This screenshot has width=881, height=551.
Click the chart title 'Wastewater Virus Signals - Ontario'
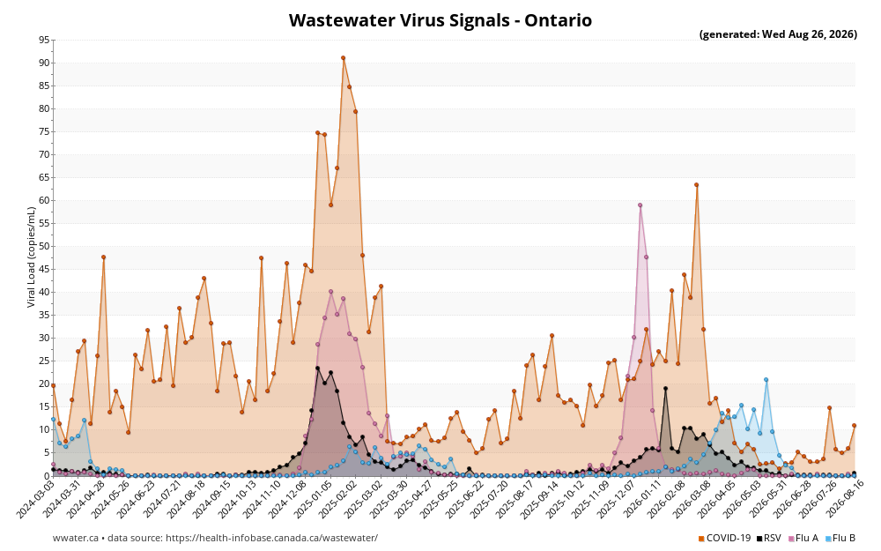pos(440,20)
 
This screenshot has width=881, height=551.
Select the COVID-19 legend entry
pos(724,538)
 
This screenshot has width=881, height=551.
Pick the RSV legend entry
pos(768,538)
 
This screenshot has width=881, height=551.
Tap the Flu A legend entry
pos(803,538)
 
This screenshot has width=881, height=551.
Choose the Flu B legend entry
pos(840,538)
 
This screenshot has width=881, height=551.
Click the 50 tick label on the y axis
pos(44,246)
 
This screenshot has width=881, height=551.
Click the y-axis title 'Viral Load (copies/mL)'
pos(32,257)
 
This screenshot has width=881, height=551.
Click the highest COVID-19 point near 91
pos(344,58)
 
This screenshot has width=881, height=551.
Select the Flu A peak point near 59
pos(640,205)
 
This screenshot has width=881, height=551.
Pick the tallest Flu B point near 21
pos(766,380)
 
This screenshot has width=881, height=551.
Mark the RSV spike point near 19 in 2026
pos(665,389)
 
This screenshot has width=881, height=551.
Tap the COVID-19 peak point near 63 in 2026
pos(697,185)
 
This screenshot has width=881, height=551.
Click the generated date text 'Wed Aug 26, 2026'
pos(810,34)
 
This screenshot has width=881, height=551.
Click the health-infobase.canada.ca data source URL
pos(272,538)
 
